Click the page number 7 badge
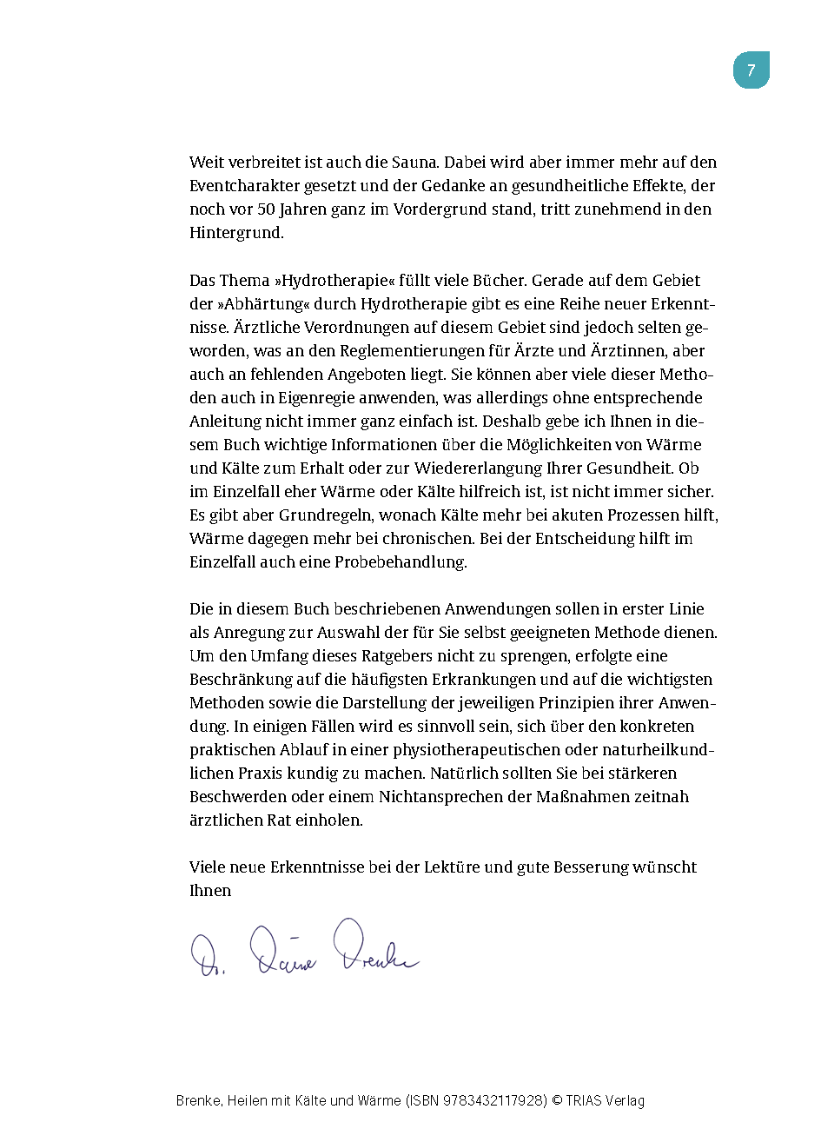click(x=751, y=70)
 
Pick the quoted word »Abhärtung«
click(x=263, y=304)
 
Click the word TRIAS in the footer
click(x=587, y=1101)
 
